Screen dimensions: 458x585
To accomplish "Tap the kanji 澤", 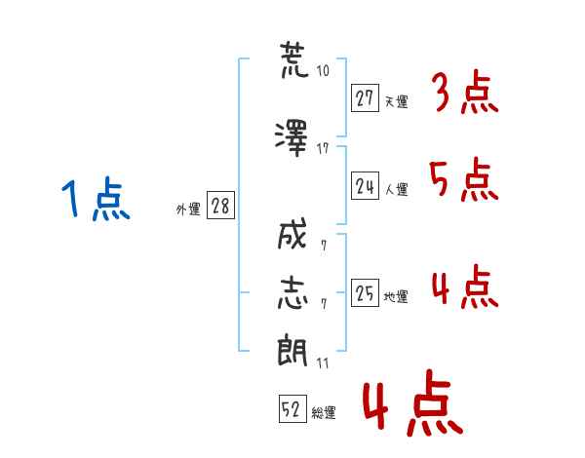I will click(x=292, y=136).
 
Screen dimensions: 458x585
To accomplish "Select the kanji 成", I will click(x=292, y=236).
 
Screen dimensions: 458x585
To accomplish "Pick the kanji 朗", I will click(x=292, y=351).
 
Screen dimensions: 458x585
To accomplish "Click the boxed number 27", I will click(x=366, y=97).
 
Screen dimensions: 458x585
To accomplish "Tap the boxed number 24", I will click(x=366, y=187).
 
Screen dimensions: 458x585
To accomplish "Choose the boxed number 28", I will click(x=220, y=207).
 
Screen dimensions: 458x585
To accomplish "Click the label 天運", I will click(x=396, y=101).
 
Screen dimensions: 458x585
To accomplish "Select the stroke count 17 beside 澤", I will click(x=323, y=149).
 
